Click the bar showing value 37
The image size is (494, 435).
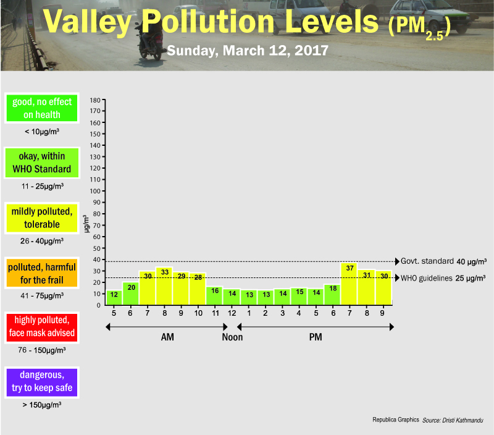click(x=350, y=284)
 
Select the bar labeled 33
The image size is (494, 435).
click(x=164, y=286)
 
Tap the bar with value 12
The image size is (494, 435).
click(x=114, y=297)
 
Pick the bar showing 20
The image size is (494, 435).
click(x=131, y=294)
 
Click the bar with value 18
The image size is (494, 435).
click(x=332, y=294)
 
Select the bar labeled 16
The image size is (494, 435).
click(x=215, y=295)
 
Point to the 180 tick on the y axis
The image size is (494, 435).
click(x=95, y=99)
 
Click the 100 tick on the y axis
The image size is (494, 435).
click(x=95, y=191)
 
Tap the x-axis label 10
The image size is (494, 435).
click(x=198, y=313)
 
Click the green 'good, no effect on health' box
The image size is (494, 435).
click(x=42, y=108)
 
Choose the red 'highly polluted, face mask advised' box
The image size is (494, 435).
click(x=42, y=327)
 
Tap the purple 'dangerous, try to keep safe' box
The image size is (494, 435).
click(x=42, y=381)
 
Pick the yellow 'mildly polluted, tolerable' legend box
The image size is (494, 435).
click(x=42, y=218)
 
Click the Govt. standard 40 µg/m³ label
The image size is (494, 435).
click(x=443, y=261)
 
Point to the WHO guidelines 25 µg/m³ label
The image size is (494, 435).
click(x=443, y=278)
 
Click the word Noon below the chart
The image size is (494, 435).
click(x=232, y=337)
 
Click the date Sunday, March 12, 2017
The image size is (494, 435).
click(x=247, y=49)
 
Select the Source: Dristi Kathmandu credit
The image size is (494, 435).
click(x=453, y=420)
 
